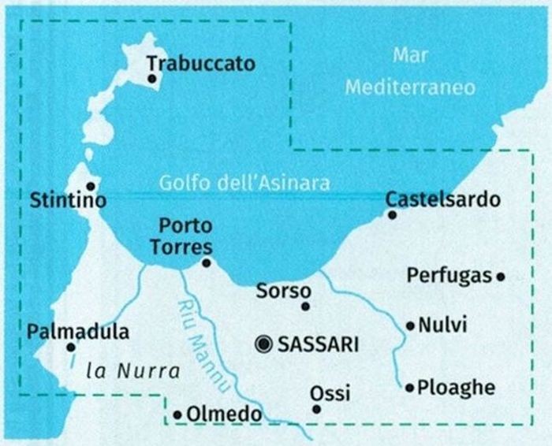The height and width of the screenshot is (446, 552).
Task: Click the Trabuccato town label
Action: point(201,63)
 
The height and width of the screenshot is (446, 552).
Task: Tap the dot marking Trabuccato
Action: point(151,78)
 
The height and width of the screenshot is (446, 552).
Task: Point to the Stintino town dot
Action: point(91,186)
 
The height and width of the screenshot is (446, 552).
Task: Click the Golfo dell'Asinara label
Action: point(244,183)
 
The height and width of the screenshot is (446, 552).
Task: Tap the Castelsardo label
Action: point(442,199)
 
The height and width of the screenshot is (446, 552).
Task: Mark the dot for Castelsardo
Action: point(392,214)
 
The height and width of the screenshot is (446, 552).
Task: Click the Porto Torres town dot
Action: point(206,263)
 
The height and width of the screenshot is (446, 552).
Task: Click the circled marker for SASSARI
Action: point(263,344)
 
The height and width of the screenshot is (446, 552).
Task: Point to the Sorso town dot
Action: point(306,307)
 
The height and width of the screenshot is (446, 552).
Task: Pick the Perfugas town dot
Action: point(500,276)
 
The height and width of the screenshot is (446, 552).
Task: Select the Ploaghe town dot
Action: point(409,388)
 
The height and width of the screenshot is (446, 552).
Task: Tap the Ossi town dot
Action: point(316,409)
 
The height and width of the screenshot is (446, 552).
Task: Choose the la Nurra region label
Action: point(133,370)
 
